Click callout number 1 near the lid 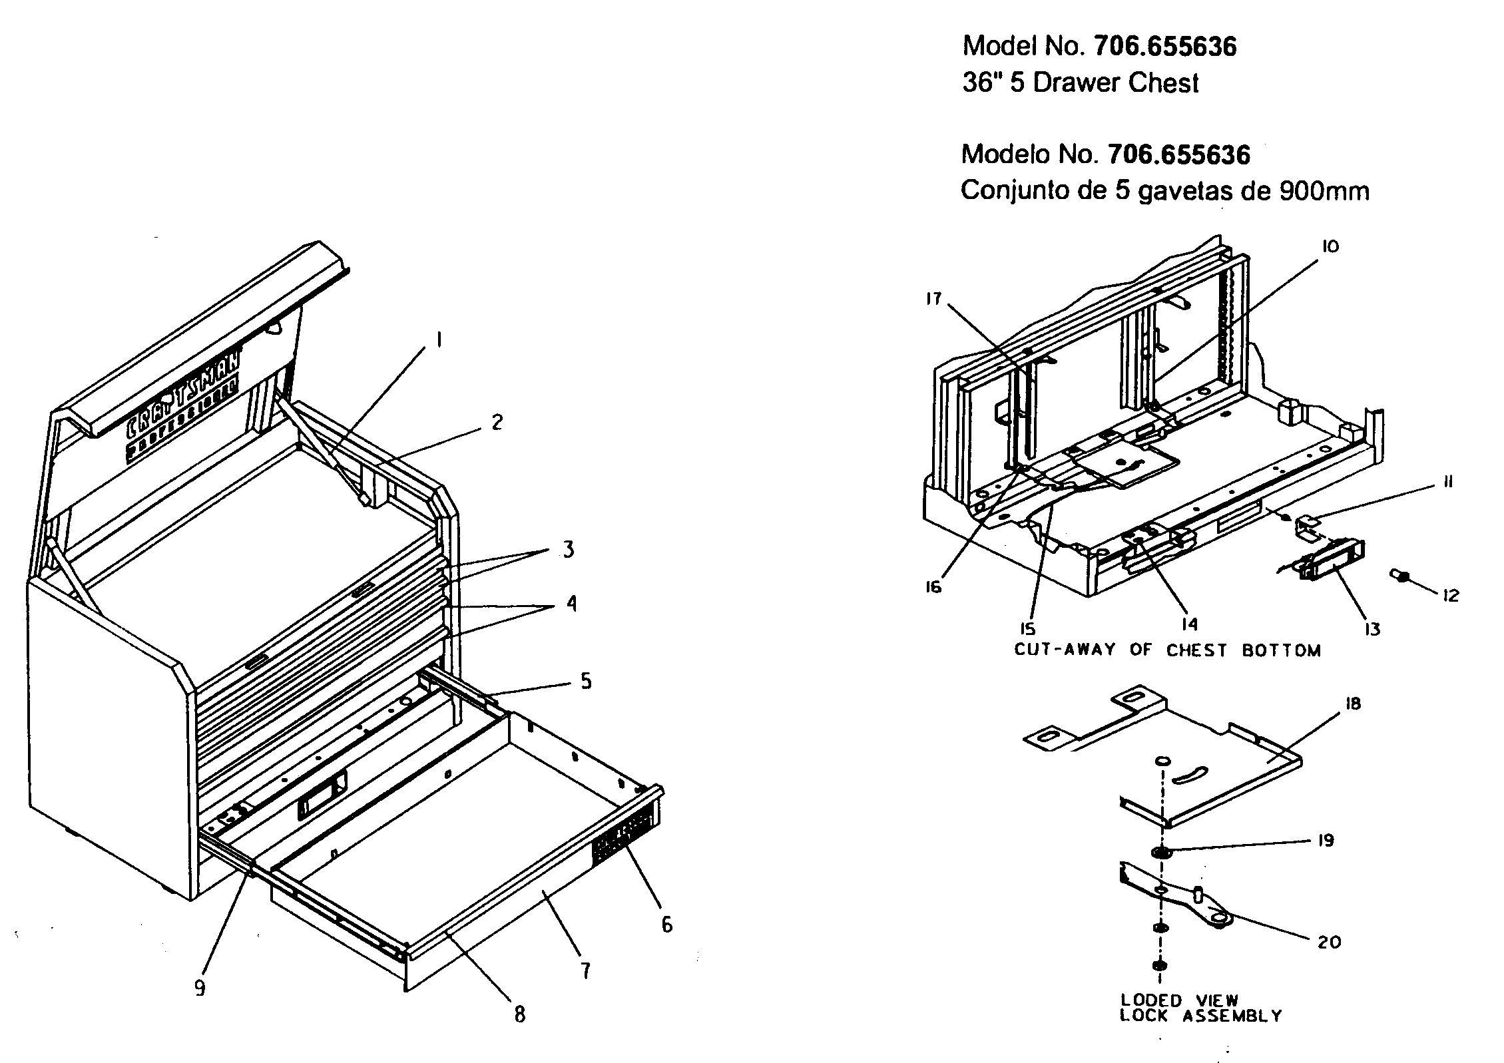[439, 341]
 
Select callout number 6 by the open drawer [666, 925]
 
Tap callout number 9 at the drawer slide [200, 988]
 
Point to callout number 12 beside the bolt [1451, 595]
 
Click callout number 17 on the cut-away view [934, 299]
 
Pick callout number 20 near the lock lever [1329, 942]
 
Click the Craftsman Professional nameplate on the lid [183, 405]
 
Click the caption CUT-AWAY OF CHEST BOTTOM [1167, 650]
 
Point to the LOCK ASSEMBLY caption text [1200, 1016]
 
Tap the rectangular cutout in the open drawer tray [322, 797]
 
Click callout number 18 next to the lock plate [1352, 704]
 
